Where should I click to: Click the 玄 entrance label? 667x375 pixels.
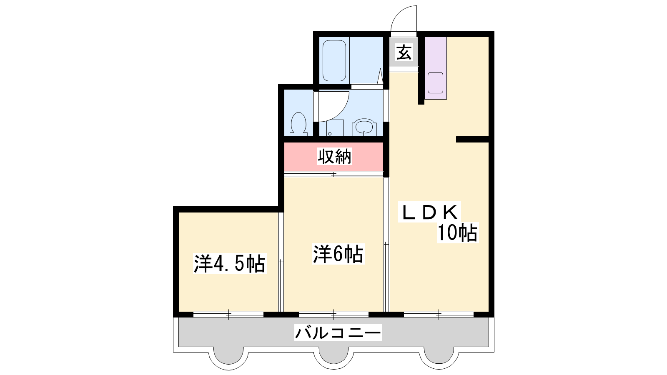click(404, 52)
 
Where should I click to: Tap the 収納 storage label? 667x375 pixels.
click(334, 156)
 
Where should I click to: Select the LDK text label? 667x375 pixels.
click(430, 212)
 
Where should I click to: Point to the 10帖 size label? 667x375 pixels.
click(457, 232)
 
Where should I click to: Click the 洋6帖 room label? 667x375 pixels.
click(338, 254)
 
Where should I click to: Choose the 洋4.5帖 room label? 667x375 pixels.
click(229, 263)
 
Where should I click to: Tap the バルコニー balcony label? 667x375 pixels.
click(338, 332)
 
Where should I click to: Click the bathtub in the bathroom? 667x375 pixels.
click(334, 61)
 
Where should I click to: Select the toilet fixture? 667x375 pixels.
click(298, 124)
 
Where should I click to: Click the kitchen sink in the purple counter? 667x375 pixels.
click(435, 83)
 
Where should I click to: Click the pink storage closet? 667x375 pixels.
click(333, 157)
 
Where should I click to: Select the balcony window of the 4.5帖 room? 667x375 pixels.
click(229, 314)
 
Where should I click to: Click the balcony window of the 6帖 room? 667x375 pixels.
click(334, 314)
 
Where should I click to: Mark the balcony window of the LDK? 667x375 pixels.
click(439, 314)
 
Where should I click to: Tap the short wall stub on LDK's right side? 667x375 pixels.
click(473, 139)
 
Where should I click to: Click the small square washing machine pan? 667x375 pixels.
click(335, 128)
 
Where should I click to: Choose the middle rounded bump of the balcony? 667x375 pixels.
click(334, 359)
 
